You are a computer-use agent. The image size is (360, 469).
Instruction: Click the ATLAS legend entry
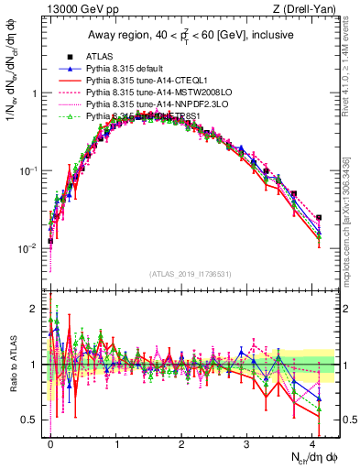tap(102, 57)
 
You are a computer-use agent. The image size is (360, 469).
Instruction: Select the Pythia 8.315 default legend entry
tap(127, 69)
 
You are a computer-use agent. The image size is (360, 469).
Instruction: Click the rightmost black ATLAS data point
tap(319, 218)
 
